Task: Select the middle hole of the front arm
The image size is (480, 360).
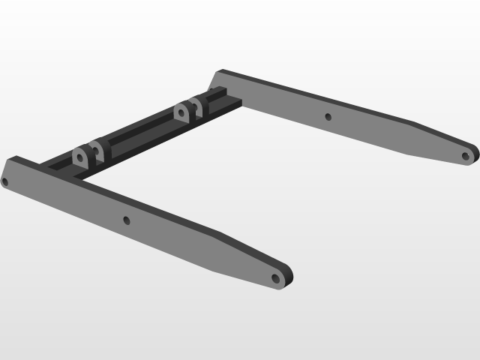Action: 126,220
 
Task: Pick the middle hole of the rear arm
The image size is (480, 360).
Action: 326,116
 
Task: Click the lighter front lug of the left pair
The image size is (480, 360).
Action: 79,157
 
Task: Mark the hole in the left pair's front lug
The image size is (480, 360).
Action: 79,157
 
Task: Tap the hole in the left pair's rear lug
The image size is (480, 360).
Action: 95,146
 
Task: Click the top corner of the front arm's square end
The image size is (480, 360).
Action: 14,157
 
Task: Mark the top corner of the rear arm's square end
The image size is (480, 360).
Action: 217,71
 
